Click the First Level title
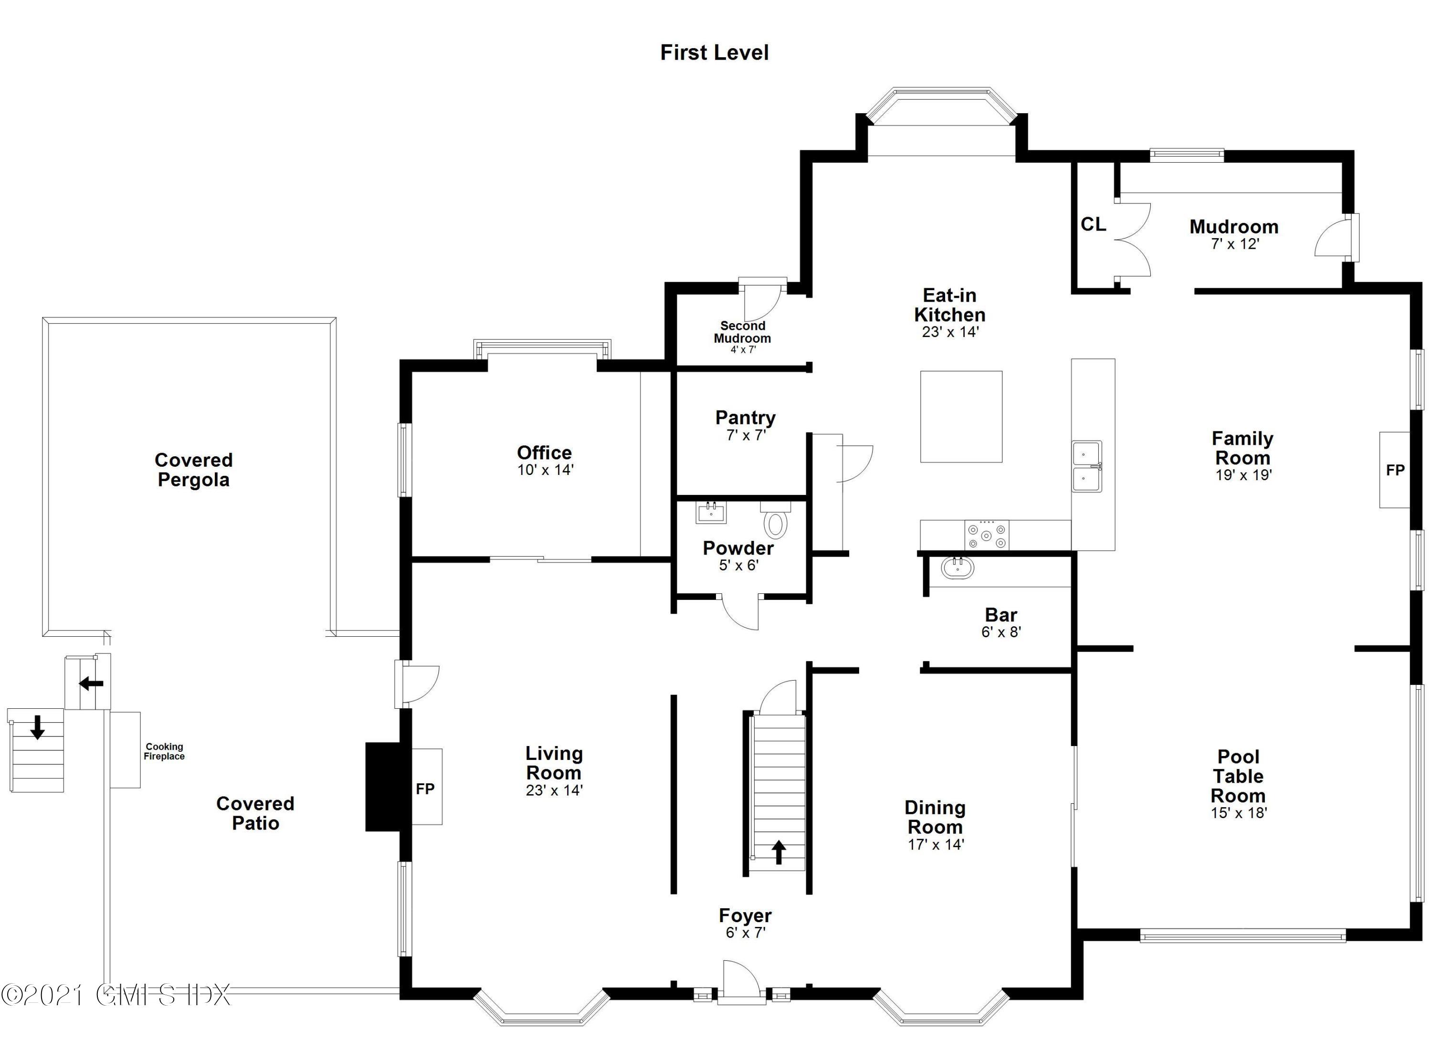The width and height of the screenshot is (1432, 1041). [714, 53]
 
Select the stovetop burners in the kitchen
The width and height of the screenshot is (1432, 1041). [986, 535]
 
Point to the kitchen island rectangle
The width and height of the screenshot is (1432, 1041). [961, 417]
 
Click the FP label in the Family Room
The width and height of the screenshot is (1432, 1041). [1395, 470]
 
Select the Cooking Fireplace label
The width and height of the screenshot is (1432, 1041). [164, 751]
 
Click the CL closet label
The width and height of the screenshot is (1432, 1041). [1094, 224]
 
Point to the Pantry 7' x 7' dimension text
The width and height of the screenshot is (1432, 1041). [746, 435]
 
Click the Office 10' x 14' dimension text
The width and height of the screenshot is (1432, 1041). [546, 470]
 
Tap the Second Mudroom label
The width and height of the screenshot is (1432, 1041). [743, 332]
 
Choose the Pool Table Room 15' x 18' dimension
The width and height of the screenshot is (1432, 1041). [1239, 813]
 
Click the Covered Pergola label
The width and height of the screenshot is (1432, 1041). [194, 470]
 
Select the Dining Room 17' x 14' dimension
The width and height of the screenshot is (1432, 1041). [936, 845]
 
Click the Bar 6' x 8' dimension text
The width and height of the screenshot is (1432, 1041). [1001, 632]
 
